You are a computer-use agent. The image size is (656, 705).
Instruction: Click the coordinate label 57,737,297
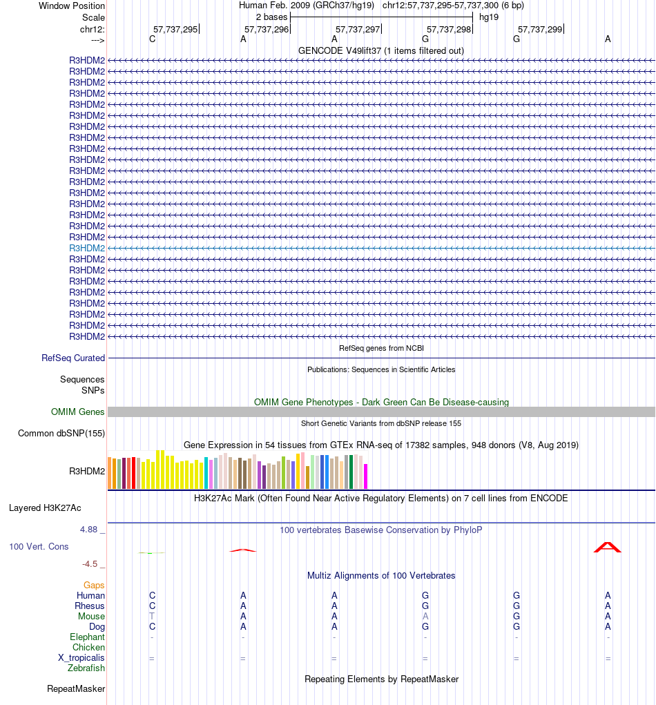point(358,29)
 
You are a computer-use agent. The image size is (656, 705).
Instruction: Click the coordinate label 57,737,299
point(540,29)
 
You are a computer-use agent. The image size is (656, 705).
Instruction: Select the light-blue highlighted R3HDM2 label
point(87,248)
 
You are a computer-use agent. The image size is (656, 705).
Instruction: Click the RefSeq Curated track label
point(73,358)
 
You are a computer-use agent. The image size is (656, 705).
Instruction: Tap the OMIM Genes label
point(78,412)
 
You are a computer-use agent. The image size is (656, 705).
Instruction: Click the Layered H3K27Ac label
point(45,508)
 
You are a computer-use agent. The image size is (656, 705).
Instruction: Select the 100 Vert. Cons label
point(39,546)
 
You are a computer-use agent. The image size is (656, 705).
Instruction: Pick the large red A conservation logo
point(608,547)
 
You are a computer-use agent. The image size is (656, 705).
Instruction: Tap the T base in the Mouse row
point(152,616)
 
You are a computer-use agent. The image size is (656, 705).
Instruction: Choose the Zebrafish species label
point(86,668)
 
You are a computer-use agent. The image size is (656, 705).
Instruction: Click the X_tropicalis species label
point(81,657)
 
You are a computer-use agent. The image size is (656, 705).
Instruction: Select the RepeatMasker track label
point(76,688)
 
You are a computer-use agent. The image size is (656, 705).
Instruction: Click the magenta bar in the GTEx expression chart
point(366,476)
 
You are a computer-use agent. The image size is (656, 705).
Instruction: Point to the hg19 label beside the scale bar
point(489,17)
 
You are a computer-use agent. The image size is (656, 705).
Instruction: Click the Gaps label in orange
point(94,585)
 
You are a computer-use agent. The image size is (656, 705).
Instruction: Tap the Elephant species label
point(87,637)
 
